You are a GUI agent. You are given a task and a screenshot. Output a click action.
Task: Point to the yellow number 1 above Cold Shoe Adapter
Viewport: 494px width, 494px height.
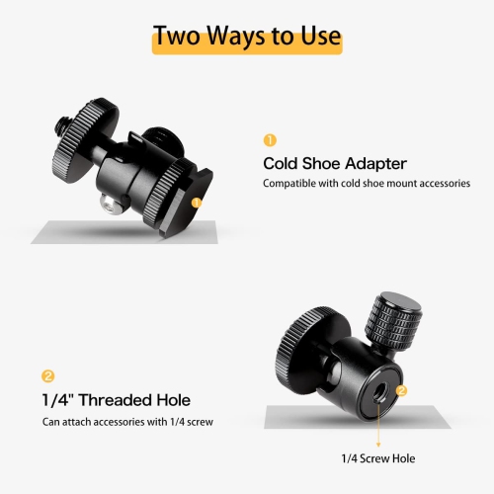(x=269, y=140)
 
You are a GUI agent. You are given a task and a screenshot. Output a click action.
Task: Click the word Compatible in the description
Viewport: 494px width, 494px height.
(x=290, y=184)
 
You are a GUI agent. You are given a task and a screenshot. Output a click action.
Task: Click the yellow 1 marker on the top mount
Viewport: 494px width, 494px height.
(x=197, y=203)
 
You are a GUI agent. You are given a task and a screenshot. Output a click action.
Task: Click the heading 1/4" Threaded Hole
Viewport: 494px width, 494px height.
(x=116, y=400)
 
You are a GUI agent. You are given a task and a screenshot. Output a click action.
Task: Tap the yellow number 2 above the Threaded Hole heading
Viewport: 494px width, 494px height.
(x=46, y=376)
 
